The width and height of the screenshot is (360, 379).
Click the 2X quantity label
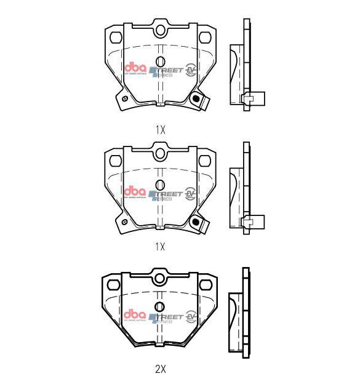click(x=161, y=369)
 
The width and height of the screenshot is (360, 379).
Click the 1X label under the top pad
click(x=161, y=130)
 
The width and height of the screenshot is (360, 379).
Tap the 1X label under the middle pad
click(x=161, y=247)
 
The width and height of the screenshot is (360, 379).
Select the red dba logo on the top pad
click(x=134, y=69)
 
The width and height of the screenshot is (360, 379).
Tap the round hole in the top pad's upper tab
click(x=161, y=30)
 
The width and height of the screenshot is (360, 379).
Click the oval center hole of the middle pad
click(x=161, y=184)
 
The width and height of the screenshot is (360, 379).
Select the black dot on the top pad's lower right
click(x=197, y=98)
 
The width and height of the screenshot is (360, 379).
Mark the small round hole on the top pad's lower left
click(x=125, y=98)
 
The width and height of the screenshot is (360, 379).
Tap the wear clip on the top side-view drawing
click(x=252, y=98)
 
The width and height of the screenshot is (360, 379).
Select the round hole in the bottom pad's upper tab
click(x=161, y=278)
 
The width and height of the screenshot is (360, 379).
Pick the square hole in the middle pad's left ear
click(x=114, y=161)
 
